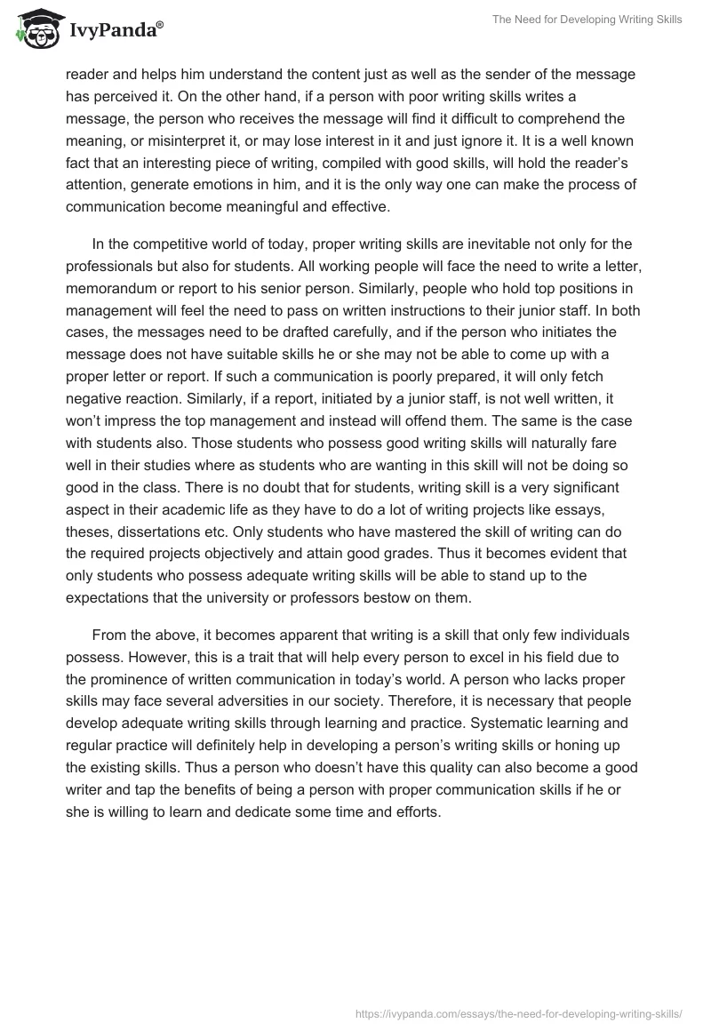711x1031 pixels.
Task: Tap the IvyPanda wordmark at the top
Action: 116,32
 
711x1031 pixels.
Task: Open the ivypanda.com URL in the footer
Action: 517,1012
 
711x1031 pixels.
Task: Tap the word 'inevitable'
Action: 451,245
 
